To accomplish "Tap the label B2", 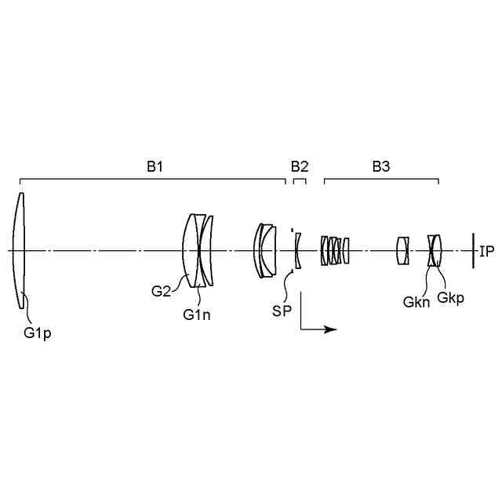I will (x=300, y=166).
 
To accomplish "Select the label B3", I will (x=381, y=166).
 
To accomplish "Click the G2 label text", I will (x=161, y=292).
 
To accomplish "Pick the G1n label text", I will (x=197, y=315).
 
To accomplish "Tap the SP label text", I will (x=282, y=311).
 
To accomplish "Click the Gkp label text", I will (x=450, y=297).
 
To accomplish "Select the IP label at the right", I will (x=486, y=251).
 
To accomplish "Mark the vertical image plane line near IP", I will (x=472, y=251).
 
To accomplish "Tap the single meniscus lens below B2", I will (x=298, y=251).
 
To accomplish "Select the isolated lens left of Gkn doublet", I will (x=403, y=251).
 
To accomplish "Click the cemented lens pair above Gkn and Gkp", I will (x=435, y=251).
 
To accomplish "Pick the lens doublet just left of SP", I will (x=265, y=251).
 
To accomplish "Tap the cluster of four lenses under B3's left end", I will (x=335, y=251).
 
